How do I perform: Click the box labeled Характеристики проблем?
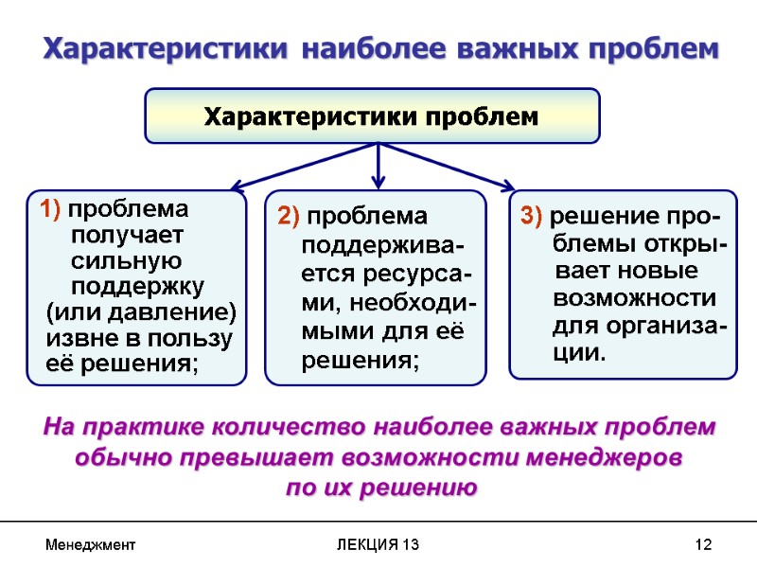(372, 116)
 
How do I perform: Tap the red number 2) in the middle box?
(289, 216)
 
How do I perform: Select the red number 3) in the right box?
(532, 216)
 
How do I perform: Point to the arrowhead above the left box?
(238, 186)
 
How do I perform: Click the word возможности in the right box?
(634, 299)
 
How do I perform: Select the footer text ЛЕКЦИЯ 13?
(377, 545)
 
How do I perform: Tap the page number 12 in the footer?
(702, 545)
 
